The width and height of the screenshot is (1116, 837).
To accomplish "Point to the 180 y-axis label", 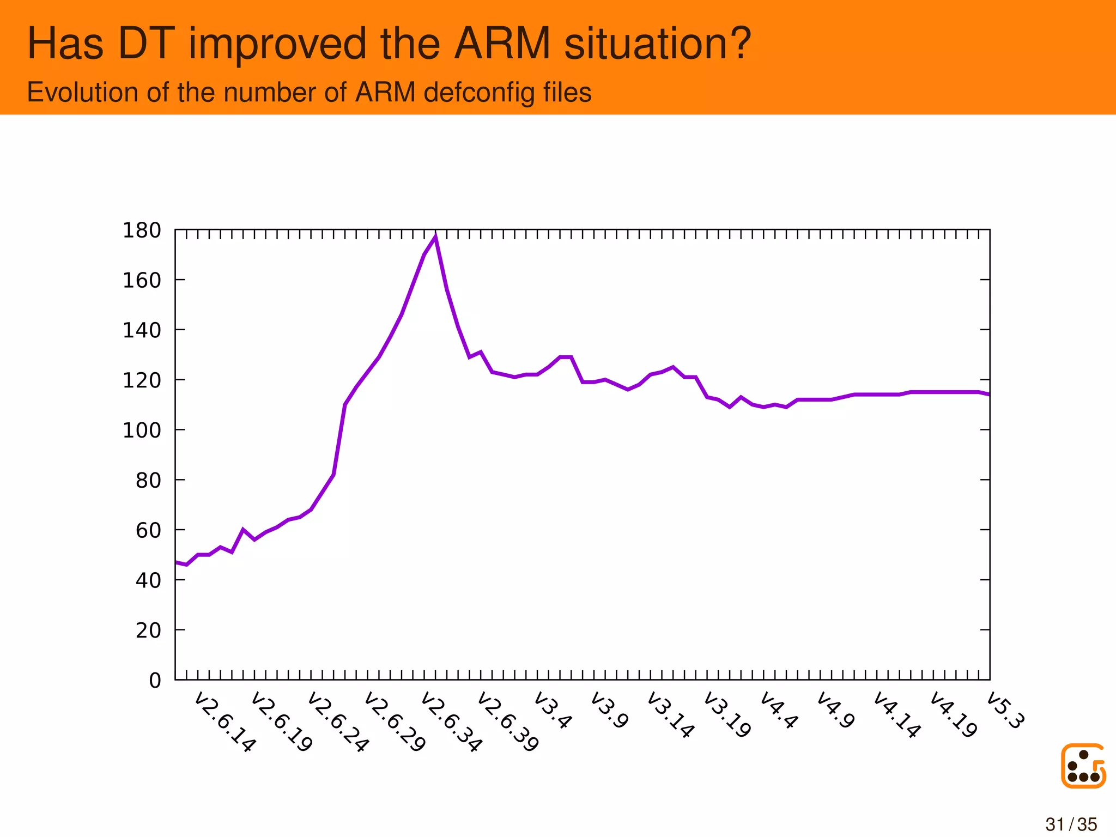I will click(142, 231).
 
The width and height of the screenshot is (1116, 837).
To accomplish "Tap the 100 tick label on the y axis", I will click(142, 430).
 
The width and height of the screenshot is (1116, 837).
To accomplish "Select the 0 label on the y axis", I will click(155, 681).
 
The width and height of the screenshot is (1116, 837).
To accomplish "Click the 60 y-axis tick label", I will click(148, 530).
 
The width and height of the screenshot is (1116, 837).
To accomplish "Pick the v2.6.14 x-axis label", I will click(225, 723).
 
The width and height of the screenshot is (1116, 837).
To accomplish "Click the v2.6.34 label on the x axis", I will click(451, 723).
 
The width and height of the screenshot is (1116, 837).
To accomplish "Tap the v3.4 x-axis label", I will click(553, 710).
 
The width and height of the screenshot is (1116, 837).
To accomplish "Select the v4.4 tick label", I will click(779, 710).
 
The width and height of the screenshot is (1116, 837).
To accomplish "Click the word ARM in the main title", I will click(502, 44).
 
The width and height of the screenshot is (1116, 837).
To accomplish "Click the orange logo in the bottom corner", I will click(1083, 766).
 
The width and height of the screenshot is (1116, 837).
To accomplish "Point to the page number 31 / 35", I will click(1071, 824).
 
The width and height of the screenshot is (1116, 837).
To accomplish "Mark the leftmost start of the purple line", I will click(176, 562).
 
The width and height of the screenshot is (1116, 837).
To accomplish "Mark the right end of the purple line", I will click(988, 394).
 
